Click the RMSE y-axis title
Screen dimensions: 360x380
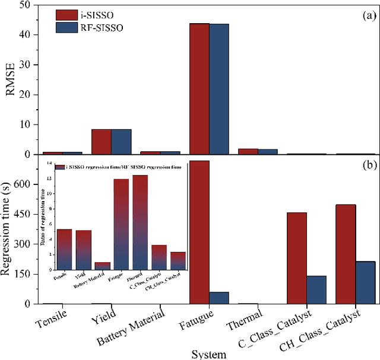click(x=11, y=79)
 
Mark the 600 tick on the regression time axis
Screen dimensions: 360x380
click(x=26, y=184)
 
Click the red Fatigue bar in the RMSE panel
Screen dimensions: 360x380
click(x=199, y=89)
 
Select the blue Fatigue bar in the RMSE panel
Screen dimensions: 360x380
click(x=218, y=89)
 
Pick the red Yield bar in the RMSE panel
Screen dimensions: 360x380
click(x=102, y=142)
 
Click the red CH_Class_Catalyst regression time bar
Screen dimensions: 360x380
click(x=346, y=254)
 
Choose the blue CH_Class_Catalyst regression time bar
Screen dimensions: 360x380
click(x=365, y=282)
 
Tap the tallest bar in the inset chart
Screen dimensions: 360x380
click(x=140, y=222)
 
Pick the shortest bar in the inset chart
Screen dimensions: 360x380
click(x=102, y=266)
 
